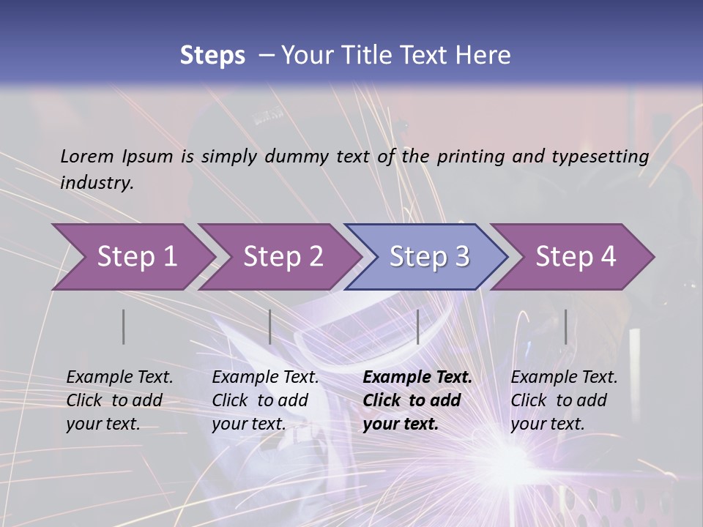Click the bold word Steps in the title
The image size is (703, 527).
[x=212, y=56]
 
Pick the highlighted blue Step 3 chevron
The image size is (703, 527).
[x=429, y=257]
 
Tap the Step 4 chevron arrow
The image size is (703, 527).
[x=576, y=257]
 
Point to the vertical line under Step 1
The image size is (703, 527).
[x=124, y=326]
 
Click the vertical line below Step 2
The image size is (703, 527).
[x=270, y=326]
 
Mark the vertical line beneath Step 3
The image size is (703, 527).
[x=417, y=326]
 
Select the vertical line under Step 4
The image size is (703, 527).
[x=565, y=326]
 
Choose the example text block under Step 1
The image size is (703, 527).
[x=119, y=400]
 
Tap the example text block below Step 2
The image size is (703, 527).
[x=265, y=400]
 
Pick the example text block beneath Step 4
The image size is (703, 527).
[x=564, y=400]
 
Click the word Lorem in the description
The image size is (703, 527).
[x=87, y=156]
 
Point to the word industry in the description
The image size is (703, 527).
[x=97, y=182]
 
